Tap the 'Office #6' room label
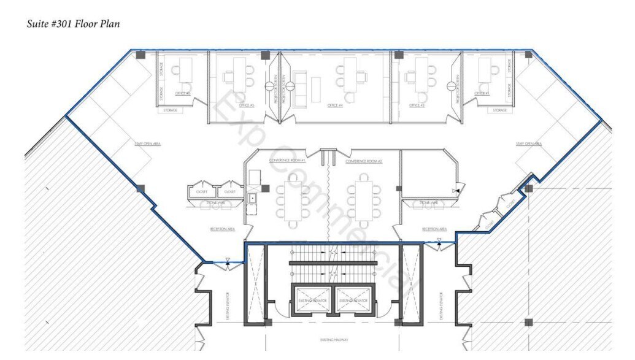tap(182, 93)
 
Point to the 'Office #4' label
tap(335, 105)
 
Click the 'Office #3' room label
tap(417, 105)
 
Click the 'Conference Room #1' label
tap(287, 161)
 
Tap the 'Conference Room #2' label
tap(364, 161)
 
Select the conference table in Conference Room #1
tap(293, 200)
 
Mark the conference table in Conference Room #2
tap(364, 200)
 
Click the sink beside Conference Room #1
tap(252, 198)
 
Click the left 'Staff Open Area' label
tap(148, 144)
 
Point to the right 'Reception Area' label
tap(434, 229)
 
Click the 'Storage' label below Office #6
tap(170, 110)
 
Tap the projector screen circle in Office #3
tap(455, 85)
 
